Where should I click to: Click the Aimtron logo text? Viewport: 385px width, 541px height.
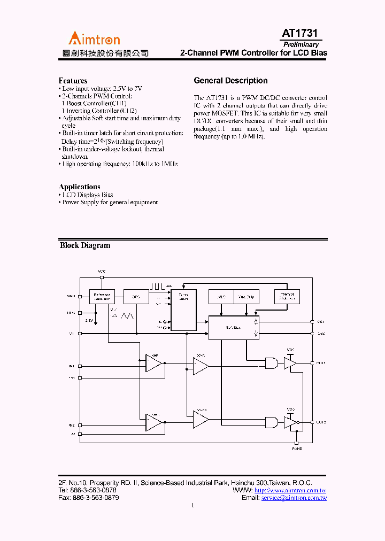click(94, 38)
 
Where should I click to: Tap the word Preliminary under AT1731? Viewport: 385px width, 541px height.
click(301, 45)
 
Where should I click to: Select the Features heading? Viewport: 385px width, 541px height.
click(73, 81)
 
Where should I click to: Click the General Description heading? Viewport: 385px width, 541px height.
click(230, 81)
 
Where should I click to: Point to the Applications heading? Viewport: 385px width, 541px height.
click(79, 187)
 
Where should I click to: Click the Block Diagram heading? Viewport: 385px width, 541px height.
click(85, 245)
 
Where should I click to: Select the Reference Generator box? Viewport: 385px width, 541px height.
click(102, 297)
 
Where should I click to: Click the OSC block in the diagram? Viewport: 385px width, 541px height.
click(136, 297)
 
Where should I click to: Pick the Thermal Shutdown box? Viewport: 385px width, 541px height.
click(287, 297)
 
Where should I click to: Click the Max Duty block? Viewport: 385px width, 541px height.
click(247, 297)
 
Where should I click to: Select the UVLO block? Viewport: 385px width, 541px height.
click(221, 297)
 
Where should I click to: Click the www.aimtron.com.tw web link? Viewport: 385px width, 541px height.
click(290, 490)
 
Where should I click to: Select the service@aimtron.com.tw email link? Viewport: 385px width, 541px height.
click(294, 498)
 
